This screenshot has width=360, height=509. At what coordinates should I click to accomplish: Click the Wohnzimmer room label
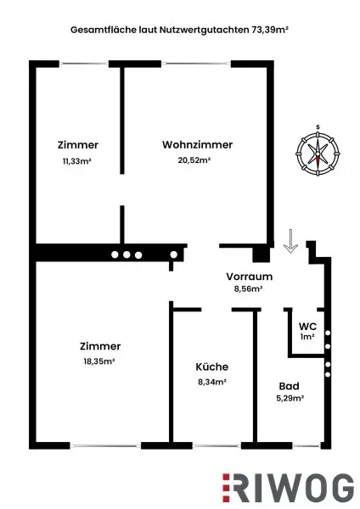tap(197, 144)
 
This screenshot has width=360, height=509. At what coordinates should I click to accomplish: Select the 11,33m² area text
tap(76, 159)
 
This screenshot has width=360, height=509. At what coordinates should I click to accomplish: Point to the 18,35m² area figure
tap(99, 361)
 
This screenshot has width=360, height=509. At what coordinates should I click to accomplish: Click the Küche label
tap(211, 366)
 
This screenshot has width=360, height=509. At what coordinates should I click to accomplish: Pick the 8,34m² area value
tap(211, 382)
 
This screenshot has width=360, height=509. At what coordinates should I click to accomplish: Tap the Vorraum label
tap(248, 277)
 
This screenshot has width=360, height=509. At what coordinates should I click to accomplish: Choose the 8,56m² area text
tap(248, 289)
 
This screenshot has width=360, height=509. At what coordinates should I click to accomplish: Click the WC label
tap(307, 325)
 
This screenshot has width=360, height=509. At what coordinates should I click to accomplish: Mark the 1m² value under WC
tap(307, 337)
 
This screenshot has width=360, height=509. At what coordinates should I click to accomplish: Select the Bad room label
tap(289, 385)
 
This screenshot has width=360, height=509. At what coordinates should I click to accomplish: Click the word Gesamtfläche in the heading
tap(98, 28)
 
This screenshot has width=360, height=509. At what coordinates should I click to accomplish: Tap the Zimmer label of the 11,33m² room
tap(77, 144)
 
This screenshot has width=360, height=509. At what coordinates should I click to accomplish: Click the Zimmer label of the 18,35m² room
tap(100, 345)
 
